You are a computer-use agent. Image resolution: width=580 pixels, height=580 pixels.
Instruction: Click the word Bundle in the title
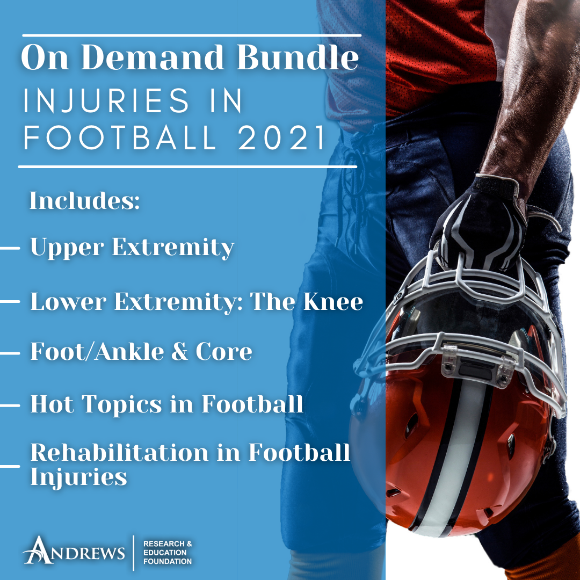[x=298, y=57]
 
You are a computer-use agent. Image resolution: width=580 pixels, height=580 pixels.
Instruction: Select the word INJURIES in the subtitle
[x=106, y=100]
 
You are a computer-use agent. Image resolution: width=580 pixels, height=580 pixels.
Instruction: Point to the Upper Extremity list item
[x=133, y=248]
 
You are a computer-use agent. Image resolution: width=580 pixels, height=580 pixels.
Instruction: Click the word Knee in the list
[x=333, y=301]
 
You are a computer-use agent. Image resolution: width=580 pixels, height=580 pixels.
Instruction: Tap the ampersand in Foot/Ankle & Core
[x=180, y=351]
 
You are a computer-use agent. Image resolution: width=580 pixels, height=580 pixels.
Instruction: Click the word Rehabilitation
[x=119, y=452]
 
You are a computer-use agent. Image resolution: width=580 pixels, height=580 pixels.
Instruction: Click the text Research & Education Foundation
[x=168, y=553]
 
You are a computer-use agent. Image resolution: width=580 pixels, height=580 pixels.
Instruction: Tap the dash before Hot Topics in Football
[x=10, y=405]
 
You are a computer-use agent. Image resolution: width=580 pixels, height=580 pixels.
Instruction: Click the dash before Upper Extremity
[x=10, y=248]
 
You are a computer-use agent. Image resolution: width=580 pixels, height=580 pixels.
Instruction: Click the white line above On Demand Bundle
[x=192, y=35]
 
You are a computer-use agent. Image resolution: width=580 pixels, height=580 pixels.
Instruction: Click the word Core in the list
[x=224, y=351]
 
